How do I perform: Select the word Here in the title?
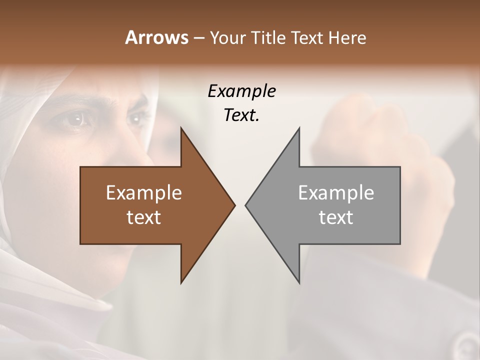pyautogui.click(x=346, y=38)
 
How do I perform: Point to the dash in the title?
pyautogui.click(x=198, y=38)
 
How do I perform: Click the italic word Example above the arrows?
pyautogui.click(x=241, y=91)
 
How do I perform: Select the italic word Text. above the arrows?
pyautogui.click(x=241, y=115)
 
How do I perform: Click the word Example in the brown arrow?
pyautogui.click(x=144, y=193)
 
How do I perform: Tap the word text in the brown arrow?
pyautogui.click(x=144, y=217)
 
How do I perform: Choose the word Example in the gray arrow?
pyautogui.click(x=336, y=193)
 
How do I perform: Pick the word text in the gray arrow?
pyautogui.click(x=336, y=217)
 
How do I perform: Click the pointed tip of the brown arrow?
pyautogui.click(x=234, y=205)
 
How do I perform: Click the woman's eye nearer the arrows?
pyautogui.click(x=136, y=118)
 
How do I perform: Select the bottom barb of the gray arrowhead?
pyautogui.click(x=298, y=281)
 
